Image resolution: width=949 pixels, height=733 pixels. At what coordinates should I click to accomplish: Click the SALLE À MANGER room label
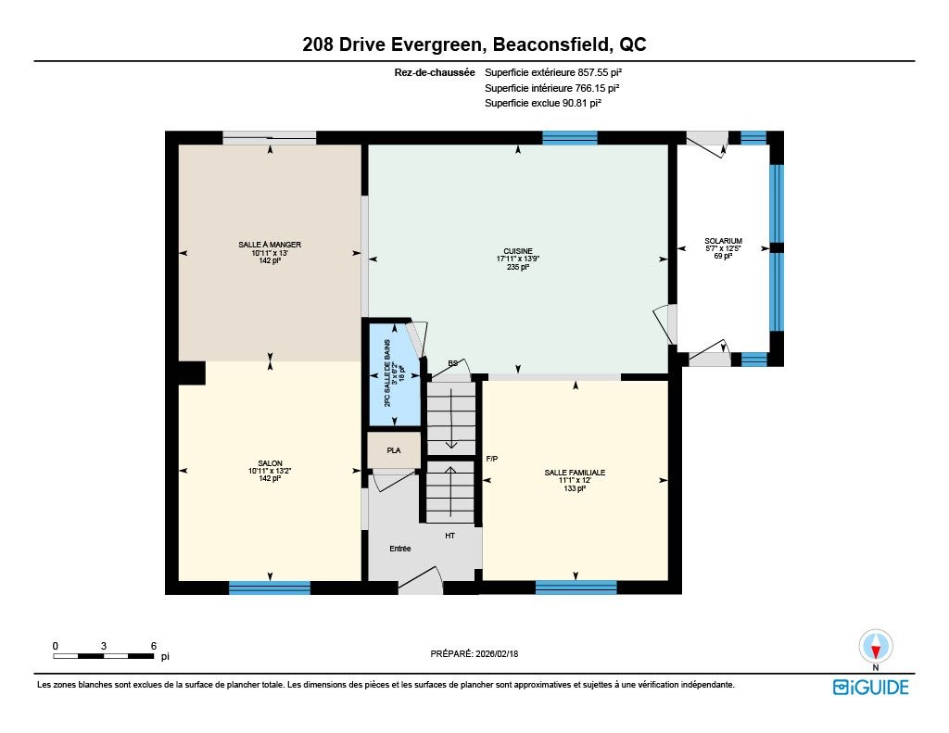(x=270, y=245)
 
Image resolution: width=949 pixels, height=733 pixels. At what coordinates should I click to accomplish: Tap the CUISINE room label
(x=518, y=251)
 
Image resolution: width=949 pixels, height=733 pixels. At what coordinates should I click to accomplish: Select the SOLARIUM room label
(x=723, y=241)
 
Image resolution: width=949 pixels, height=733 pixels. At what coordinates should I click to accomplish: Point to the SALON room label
(x=270, y=463)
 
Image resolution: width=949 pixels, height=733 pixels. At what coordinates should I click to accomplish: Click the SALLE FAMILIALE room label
(x=575, y=473)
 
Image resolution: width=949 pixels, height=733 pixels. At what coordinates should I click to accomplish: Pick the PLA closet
(x=394, y=450)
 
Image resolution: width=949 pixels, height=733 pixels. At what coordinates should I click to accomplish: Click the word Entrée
(x=400, y=549)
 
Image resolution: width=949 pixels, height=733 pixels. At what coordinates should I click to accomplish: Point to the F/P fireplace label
(x=492, y=459)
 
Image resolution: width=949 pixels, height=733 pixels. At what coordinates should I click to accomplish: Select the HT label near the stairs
(x=449, y=536)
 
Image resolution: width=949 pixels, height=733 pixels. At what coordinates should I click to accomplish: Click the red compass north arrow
(x=875, y=651)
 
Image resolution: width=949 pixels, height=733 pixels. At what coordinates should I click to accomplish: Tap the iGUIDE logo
(x=871, y=688)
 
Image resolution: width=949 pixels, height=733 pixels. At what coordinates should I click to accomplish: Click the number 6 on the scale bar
(x=154, y=646)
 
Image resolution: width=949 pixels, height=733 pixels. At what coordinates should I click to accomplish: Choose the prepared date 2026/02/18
(x=497, y=653)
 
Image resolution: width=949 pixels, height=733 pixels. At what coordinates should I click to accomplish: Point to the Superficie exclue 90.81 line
(x=543, y=103)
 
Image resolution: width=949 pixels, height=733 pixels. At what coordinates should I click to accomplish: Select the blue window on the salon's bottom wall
(x=270, y=588)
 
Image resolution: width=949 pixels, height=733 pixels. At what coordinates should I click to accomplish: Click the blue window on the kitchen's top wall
(x=570, y=138)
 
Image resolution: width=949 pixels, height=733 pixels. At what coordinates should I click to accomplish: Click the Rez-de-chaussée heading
(x=435, y=72)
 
